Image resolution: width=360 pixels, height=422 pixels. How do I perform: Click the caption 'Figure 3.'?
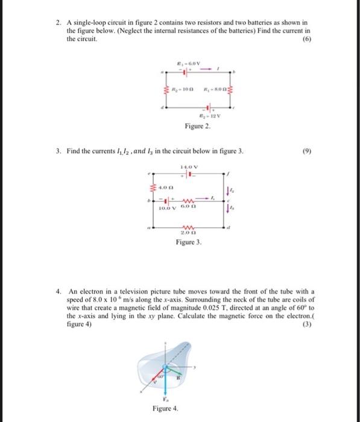click(189, 242)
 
